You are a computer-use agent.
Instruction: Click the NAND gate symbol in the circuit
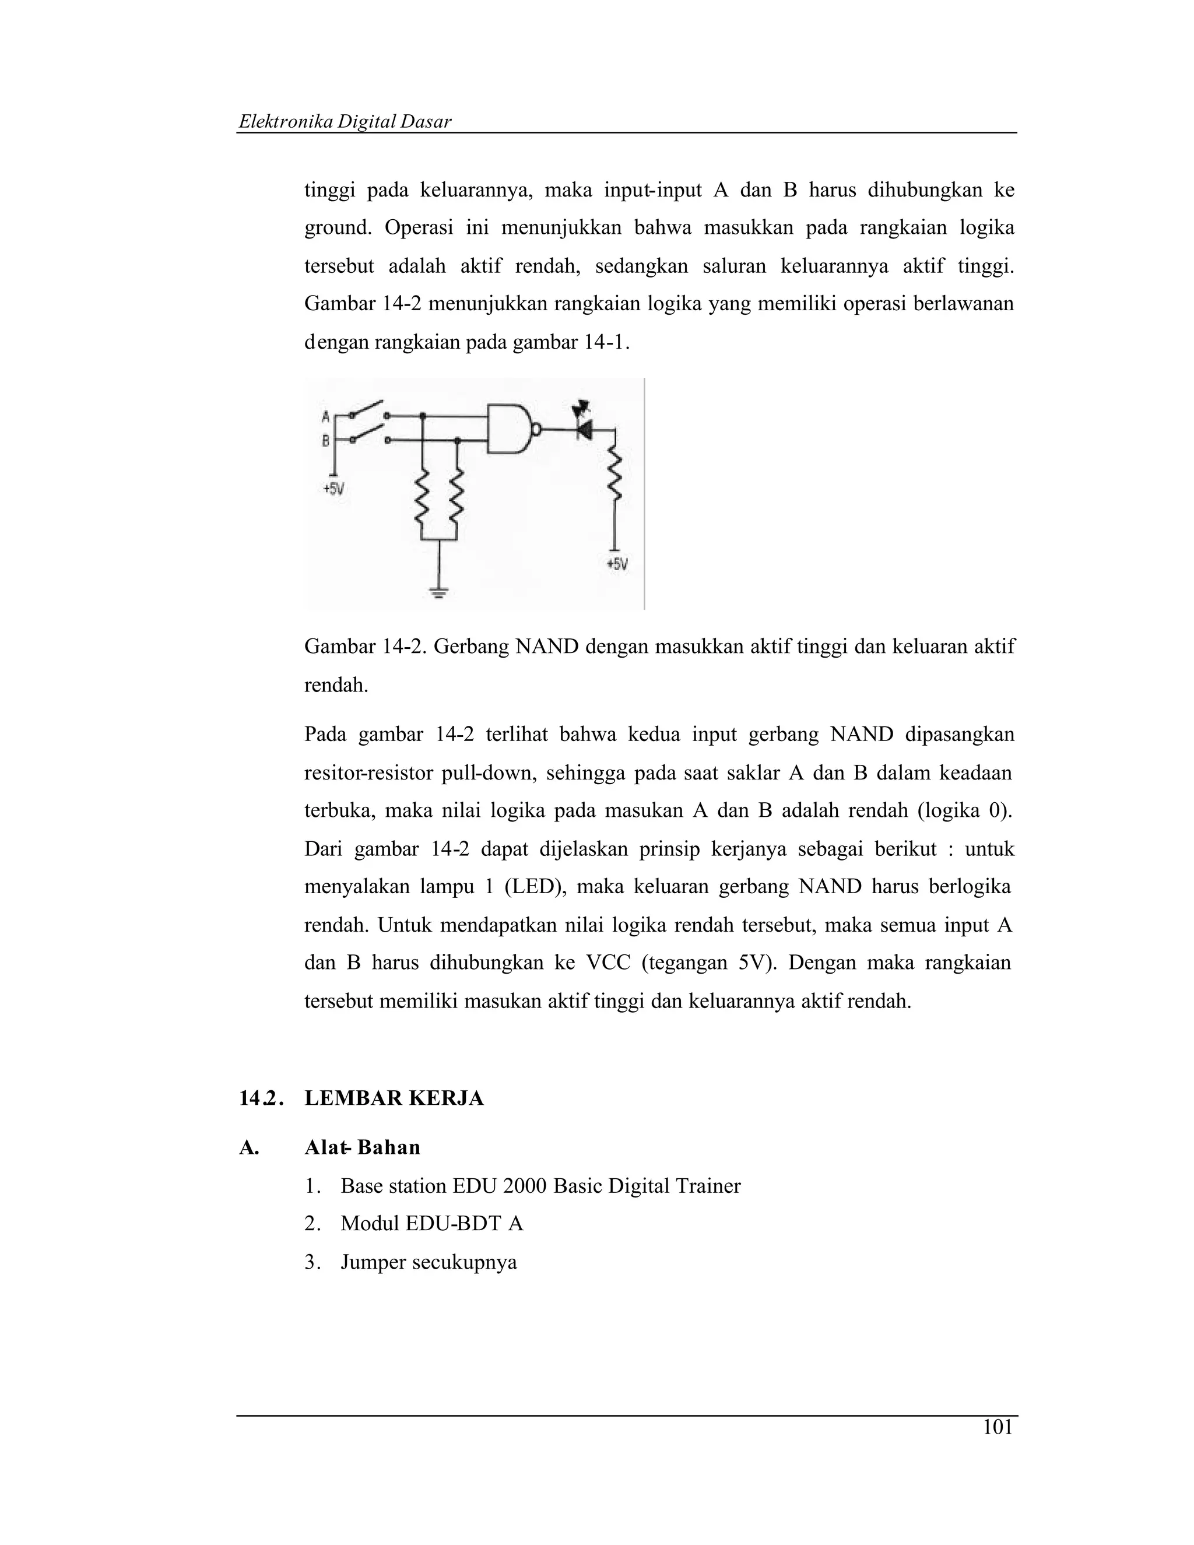(510, 429)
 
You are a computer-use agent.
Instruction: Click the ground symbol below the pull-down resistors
(439, 593)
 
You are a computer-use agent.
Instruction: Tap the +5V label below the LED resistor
(617, 564)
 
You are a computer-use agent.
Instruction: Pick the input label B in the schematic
(325, 441)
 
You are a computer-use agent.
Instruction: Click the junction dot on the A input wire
(422, 416)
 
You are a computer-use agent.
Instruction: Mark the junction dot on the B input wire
(457, 441)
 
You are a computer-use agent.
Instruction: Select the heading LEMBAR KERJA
(394, 1098)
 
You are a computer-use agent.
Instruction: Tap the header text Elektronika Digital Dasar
(345, 122)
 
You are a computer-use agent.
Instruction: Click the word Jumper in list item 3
(373, 1262)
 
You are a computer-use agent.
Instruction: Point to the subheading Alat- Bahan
(362, 1147)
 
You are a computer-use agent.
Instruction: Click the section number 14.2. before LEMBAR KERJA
(261, 1098)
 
